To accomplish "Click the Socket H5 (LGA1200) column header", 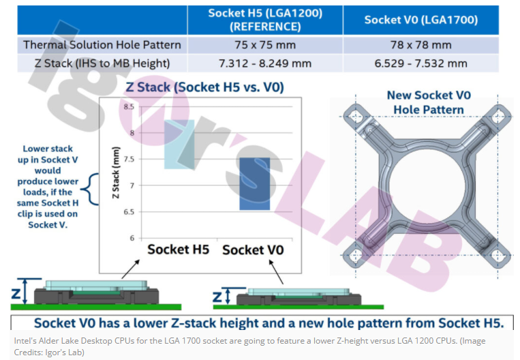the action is (x=265, y=20).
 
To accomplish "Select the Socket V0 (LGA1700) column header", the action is (x=421, y=20).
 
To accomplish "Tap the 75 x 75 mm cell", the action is (x=265, y=45).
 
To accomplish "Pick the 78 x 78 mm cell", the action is (x=421, y=45).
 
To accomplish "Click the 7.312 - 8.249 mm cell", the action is (x=265, y=63).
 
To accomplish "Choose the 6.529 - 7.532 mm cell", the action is (x=421, y=63).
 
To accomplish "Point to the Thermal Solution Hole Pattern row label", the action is (x=102, y=45).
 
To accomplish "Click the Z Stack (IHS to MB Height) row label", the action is (x=102, y=63).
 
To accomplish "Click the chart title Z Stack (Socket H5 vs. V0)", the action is (x=204, y=87).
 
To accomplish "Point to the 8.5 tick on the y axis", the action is (x=129, y=107).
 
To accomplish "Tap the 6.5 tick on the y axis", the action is (x=129, y=212).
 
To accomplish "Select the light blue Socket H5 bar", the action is (x=179, y=145).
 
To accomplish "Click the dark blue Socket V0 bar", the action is (x=255, y=184).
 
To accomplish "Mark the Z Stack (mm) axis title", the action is (x=116, y=172).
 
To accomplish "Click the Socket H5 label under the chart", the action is (x=178, y=250).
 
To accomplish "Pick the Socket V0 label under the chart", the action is (x=253, y=250).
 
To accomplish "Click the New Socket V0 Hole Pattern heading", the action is (x=429, y=102).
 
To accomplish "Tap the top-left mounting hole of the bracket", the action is (x=356, y=117).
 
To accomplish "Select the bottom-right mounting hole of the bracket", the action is (x=498, y=256).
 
